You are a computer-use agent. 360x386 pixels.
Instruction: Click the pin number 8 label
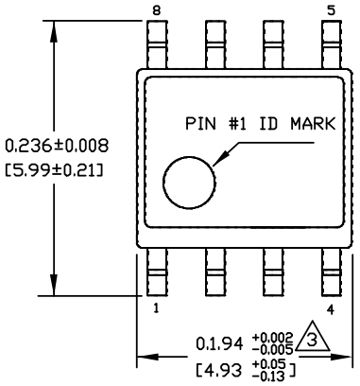coord(157,10)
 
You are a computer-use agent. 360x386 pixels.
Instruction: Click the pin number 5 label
coord(331,10)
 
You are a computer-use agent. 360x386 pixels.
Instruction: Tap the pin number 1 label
coord(155,307)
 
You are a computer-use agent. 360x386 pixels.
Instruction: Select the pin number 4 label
coord(330,307)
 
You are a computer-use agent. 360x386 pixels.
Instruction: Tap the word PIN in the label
coord(199,124)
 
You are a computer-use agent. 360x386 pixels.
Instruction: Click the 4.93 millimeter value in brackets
coord(228,365)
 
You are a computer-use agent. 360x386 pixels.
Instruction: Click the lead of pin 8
coord(158,43)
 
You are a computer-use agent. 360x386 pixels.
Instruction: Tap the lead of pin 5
coord(331,43)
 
